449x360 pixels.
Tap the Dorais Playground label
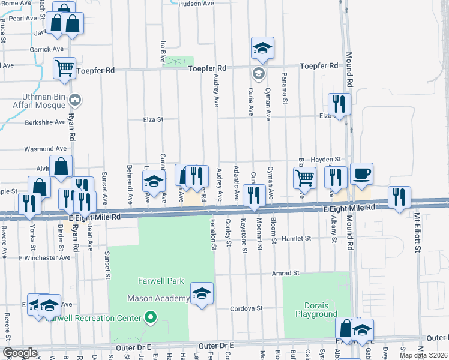click(x=316, y=310)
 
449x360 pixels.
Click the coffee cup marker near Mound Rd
click(x=361, y=175)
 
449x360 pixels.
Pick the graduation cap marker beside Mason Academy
click(x=202, y=294)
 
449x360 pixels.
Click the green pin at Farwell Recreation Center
click(x=151, y=318)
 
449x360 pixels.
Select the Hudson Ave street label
click(x=196, y=4)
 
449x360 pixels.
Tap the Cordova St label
click(x=247, y=308)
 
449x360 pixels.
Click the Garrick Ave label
click(x=49, y=49)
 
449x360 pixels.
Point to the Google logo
click(x=20, y=353)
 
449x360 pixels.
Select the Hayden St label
click(x=327, y=159)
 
